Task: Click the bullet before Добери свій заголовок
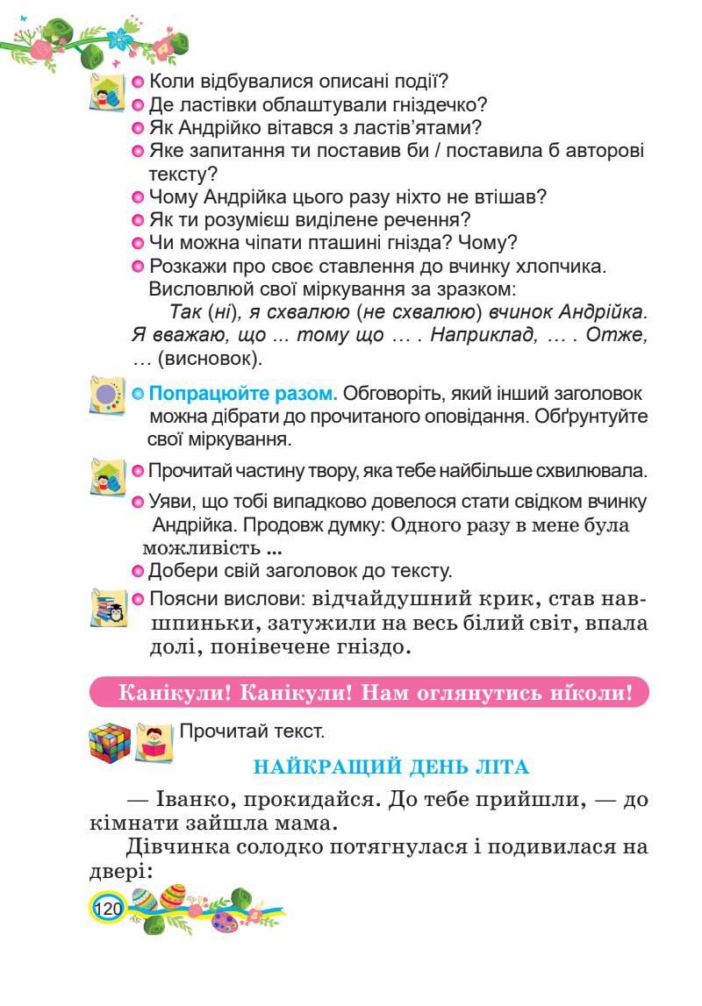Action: (137, 572)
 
